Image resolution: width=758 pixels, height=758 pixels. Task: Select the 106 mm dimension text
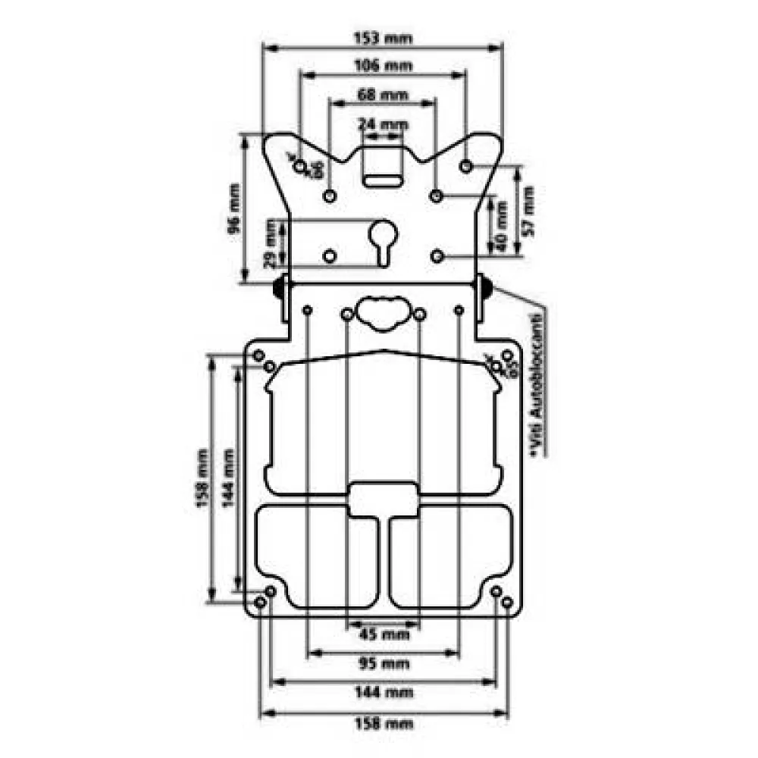click(x=382, y=65)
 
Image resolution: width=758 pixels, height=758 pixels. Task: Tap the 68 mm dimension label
click(x=382, y=96)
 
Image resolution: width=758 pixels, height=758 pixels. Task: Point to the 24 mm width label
click(x=382, y=124)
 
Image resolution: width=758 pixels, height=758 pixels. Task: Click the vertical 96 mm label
click(x=234, y=207)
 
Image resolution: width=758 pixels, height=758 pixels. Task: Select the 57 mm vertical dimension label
click(x=528, y=208)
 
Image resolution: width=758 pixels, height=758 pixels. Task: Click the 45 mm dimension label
click(x=382, y=634)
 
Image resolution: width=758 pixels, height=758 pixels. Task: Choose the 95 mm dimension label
click(x=382, y=664)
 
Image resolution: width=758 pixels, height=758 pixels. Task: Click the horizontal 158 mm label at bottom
click(x=382, y=723)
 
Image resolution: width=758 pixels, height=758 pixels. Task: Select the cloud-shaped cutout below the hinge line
click(x=382, y=311)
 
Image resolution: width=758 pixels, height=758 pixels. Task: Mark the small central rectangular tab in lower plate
click(x=384, y=500)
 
